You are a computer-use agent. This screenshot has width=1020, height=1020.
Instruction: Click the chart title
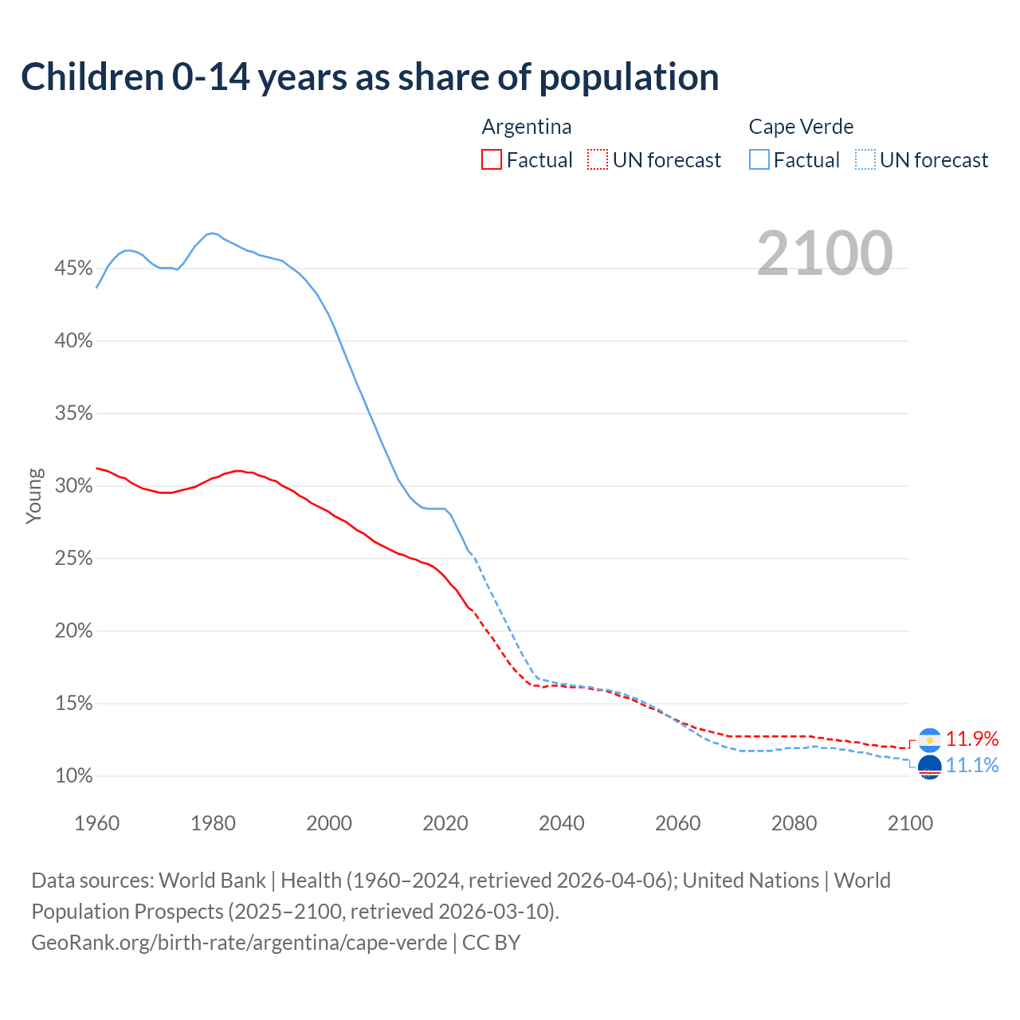[x=370, y=77]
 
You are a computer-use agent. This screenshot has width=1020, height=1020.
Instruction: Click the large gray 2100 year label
[x=825, y=253]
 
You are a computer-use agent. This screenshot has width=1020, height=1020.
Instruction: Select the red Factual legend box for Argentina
[x=492, y=160]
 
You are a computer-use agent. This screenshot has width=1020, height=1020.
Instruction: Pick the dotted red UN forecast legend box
[x=598, y=160]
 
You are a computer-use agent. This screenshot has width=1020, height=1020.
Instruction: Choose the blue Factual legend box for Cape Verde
[x=759, y=160]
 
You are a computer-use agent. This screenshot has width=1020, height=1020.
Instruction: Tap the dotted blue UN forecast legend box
[x=865, y=160]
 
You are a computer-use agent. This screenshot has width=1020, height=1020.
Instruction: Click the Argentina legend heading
[x=527, y=127]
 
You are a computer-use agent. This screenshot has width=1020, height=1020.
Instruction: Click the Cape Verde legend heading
[x=801, y=127]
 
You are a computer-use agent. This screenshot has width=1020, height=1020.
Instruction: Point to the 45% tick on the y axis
[x=73, y=269]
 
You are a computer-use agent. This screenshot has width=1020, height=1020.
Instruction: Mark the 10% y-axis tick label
[x=73, y=776]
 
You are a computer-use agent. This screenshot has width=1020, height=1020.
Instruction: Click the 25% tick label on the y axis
[x=73, y=559]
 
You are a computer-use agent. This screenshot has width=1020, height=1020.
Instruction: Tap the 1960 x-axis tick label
[x=96, y=823]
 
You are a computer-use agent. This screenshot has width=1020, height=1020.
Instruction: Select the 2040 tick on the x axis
[x=562, y=823]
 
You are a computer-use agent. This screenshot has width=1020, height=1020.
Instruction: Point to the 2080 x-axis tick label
[x=794, y=823]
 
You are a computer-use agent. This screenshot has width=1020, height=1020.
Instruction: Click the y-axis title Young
[x=34, y=496]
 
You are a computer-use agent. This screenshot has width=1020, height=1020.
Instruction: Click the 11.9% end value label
[x=972, y=739]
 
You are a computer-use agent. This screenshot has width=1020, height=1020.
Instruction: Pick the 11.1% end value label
[x=972, y=766]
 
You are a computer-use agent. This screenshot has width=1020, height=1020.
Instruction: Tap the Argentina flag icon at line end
[x=930, y=740]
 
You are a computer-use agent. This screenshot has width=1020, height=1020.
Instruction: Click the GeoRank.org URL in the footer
[x=239, y=943]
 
